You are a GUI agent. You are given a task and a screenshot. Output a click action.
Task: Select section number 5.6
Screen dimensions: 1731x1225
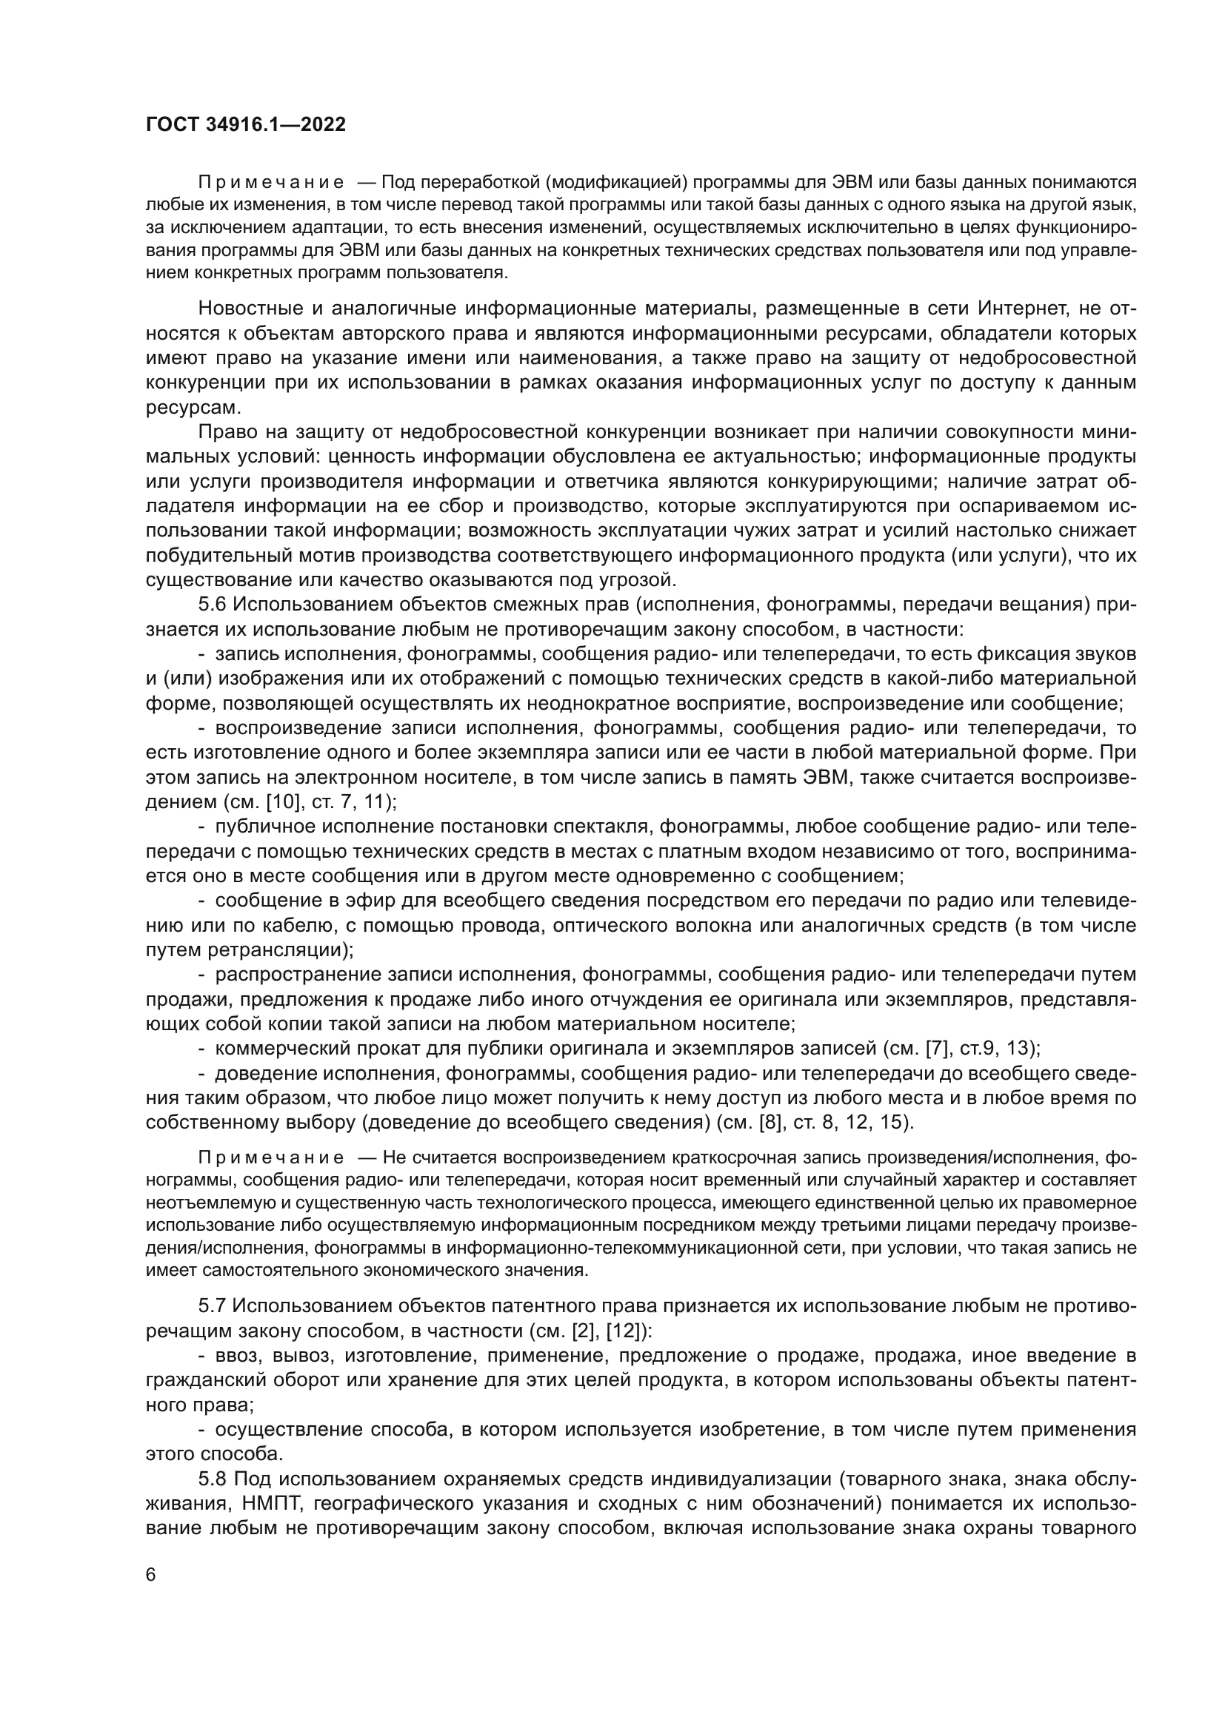pos(213,605)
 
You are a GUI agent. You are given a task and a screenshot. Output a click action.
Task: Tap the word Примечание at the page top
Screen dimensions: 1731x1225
pos(271,183)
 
